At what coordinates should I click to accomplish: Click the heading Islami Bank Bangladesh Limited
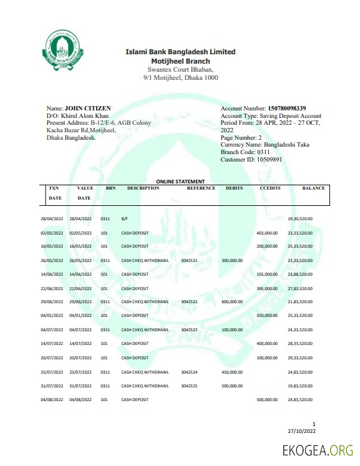180,52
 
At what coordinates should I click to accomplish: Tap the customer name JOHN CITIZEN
87,109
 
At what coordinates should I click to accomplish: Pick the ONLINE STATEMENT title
180,182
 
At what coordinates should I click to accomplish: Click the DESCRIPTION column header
143,188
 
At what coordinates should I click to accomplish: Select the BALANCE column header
313,188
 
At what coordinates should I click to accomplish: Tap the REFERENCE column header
201,188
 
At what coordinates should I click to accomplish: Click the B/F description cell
125,219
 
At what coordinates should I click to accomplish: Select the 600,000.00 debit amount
231,301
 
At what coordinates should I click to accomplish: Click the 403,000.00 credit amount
267,233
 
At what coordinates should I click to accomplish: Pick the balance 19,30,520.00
300,219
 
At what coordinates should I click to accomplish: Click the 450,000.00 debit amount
231,372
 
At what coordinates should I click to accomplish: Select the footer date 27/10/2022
302,431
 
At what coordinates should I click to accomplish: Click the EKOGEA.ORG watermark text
318,450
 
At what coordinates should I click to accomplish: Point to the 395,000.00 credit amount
267,288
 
